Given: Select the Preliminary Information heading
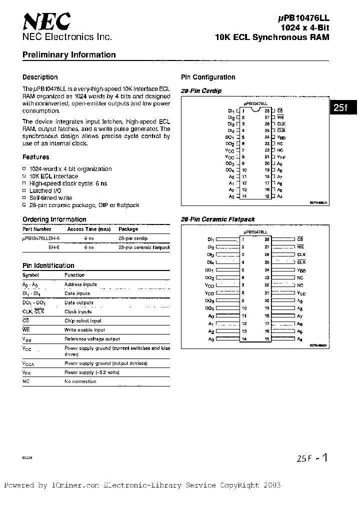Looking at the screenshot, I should point(69,55).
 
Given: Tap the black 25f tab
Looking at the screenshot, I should point(341,107).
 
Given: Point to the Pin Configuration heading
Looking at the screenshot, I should point(207,77).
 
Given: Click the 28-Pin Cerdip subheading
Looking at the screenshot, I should point(201,90).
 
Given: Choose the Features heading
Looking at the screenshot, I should point(36,157).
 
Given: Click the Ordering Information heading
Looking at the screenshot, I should point(54,219).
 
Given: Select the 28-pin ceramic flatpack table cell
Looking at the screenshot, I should point(144,247).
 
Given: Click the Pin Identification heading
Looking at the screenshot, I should point(48,265).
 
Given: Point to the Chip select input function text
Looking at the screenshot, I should point(82,320).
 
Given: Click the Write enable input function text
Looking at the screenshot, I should point(84,329).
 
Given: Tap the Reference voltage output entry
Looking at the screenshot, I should point(92,338).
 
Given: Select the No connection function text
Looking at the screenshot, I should point(80,381).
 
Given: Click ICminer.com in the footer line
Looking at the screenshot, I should point(75,485).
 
